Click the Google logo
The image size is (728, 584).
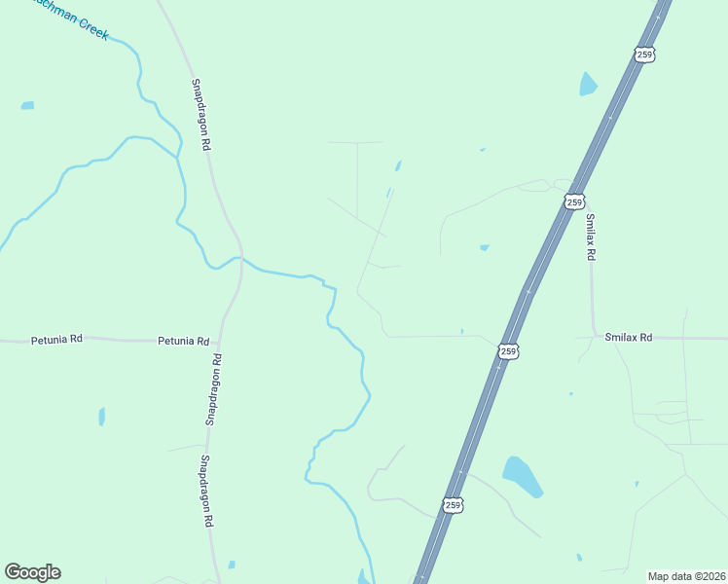coord(32,572)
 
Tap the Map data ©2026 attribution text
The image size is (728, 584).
coord(687,575)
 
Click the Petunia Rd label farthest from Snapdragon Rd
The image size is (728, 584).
coord(56,340)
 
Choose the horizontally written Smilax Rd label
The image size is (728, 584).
coord(628,337)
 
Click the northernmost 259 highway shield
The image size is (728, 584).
coord(644,55)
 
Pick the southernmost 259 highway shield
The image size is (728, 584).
coord(453,504)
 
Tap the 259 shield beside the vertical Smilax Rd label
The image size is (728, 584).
coord(574,201)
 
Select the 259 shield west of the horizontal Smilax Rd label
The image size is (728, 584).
coord(508,350)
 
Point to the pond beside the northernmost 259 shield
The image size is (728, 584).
coord(588,84)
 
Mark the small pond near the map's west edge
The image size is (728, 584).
coord(27,105)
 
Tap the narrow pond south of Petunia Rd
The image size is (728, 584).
coord(101,417)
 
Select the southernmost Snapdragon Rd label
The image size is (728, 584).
coord(207,491)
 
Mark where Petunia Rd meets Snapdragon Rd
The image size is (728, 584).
coord(221,341)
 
